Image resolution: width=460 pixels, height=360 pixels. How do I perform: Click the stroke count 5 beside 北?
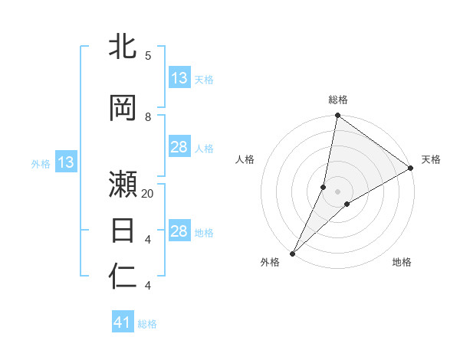coord(147,56)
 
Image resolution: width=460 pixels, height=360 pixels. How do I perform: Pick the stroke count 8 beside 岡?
coord(147,117)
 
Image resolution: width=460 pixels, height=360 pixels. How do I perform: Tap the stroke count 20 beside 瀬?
coord(148,194)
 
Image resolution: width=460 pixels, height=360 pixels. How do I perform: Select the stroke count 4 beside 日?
coord(147,240)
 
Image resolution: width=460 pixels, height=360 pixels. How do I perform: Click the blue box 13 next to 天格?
coord(179,77)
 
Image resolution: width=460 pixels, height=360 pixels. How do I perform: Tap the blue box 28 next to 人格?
coord(179,147)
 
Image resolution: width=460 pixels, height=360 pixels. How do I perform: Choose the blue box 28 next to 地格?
coord(179,231)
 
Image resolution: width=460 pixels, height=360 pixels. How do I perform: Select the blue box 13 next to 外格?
coord(66,162)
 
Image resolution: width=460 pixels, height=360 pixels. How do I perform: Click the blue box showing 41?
coord(123,322)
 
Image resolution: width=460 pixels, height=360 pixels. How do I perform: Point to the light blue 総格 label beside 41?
coord(147,324)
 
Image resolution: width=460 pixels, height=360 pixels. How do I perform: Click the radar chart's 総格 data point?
coord(337,116)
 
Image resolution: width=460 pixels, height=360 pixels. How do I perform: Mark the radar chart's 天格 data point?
coord(411,169)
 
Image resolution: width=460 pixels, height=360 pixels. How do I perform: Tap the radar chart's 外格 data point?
coord(292,253)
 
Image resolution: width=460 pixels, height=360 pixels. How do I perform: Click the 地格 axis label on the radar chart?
coord(402,262)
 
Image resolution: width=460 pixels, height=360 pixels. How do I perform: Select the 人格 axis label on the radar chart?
coord(245,159)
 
